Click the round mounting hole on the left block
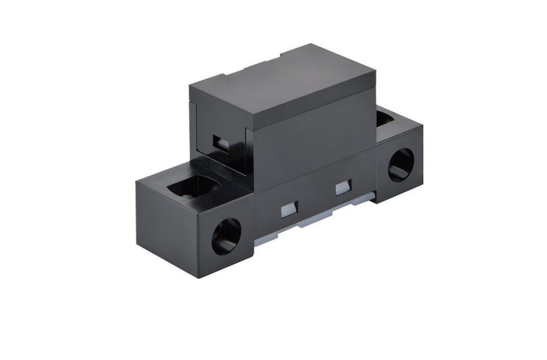pyautogui.click(x=226, y=236)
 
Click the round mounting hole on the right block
pyautogui.click(x=400, y=165)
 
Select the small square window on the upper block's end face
pyautogui.click(x=219, y=142)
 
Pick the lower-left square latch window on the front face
pyautogui.click(x=287, y=209)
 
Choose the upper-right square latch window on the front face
pyautogui.click(x=343, y=187)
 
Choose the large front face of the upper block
pyautogui.click(x=313, y=144)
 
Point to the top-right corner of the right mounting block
pyautogui.click(x=423, y=128)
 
